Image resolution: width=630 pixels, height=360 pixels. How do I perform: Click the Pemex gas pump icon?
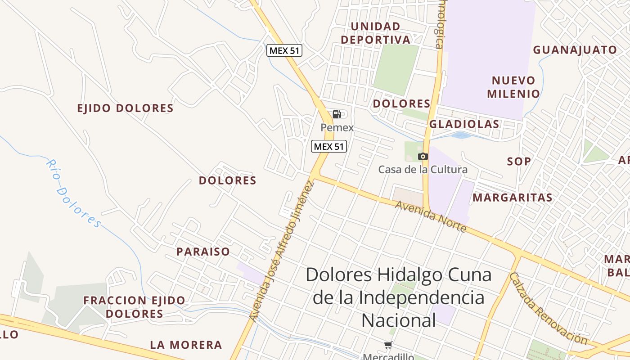[x=337, y=114]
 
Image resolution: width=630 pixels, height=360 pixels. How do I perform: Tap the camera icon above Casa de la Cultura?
[x=423, y=156]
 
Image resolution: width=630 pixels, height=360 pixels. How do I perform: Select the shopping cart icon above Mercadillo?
[x=388, y=345]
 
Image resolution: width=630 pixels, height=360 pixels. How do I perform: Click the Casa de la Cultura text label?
[x=423, y=170]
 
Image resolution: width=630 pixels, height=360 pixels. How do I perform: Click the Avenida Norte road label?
[x=431, y=216]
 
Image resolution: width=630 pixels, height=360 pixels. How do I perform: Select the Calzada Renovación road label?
[x=548, y=308]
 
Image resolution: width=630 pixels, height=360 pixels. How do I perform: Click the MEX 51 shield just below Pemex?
[x=329, y=146]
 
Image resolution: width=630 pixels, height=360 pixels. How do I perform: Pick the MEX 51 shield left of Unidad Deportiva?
[x=284, y=50]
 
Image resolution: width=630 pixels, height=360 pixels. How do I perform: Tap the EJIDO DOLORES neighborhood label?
[x=125, y=108]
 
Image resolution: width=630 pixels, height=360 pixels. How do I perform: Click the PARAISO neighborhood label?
[x=203, y=252]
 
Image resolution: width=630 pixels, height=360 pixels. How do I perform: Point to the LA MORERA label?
[x=186, y=345]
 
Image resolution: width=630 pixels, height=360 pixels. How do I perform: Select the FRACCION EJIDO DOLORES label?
[x=134, y=307]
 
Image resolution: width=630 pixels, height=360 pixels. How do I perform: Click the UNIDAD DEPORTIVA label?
[x=376, y=33]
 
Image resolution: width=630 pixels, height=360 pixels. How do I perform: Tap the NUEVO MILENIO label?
[x=513, y=87]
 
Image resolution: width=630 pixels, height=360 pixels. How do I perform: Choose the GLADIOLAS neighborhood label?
[x=464, y=124]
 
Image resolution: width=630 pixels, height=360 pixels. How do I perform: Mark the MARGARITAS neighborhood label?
[x=512, y=198]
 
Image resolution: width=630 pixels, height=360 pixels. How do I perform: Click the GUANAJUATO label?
[x=575, y=50]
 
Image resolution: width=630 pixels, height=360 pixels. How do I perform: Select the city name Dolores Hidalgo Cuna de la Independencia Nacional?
[x=399, y=297]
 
